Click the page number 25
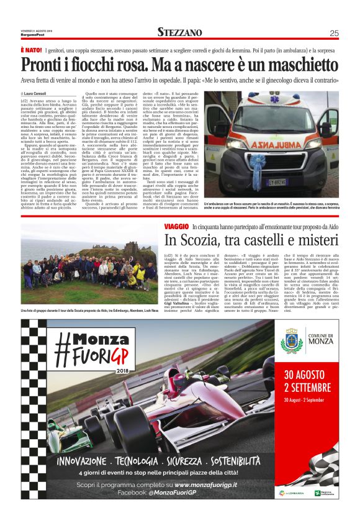(x=333, y=33)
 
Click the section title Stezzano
(x=179, y=32)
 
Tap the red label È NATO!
(x=32, y=49)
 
